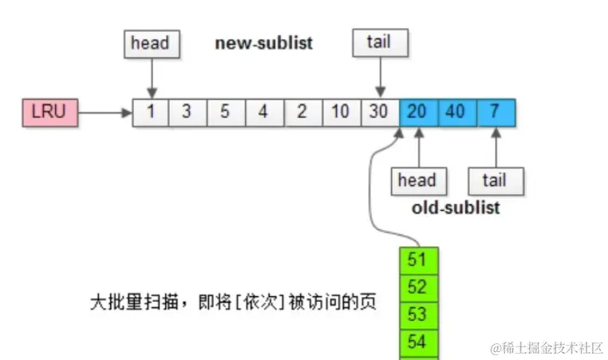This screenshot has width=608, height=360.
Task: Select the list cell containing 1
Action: click(151, 113)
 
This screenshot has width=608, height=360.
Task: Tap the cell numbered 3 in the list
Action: click(188, 113)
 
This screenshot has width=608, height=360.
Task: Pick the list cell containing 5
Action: click(226, 113)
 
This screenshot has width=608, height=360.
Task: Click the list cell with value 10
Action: click(341, 113)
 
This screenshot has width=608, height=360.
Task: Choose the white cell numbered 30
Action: click(379, 113)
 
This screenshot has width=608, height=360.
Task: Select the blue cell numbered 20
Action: click(417, 113)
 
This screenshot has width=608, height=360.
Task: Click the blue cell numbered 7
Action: click(495, 113)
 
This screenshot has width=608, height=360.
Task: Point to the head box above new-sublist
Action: click(151, 43)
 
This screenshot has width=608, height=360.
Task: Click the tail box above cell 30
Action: click(379, 43)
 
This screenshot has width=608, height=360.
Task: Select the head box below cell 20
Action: click(417, 180)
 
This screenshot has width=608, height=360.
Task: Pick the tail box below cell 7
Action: click(495, 180)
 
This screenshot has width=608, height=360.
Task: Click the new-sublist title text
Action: click(263, 43)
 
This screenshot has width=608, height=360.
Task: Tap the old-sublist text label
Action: click(456, 208)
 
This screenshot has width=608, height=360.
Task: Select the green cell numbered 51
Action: click(418, 260)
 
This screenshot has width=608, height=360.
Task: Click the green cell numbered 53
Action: click(418, 315)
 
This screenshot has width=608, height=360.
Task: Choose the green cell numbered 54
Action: click(418, 342)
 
